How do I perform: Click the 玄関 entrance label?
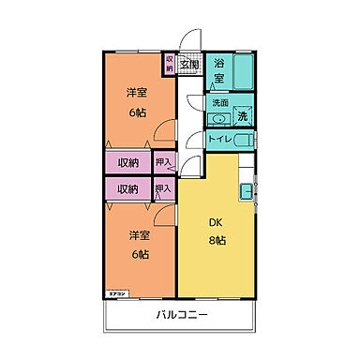coord(189,65)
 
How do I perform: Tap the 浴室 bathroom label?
coord(217,65)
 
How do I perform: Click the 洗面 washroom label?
coord(218,102)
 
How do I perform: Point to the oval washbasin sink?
coord(218,119)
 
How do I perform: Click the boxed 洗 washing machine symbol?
coord(242,116)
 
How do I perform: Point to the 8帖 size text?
coord(217,240)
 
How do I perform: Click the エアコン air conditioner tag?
coord(118,293)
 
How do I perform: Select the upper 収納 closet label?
coord(128,163)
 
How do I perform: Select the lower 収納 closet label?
coord(128,188)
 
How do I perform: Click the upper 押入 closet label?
coord(163,163)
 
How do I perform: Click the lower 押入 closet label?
coord(163,188)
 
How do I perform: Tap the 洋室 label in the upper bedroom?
coord(137,93)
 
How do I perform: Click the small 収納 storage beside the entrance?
coord(169,64)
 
